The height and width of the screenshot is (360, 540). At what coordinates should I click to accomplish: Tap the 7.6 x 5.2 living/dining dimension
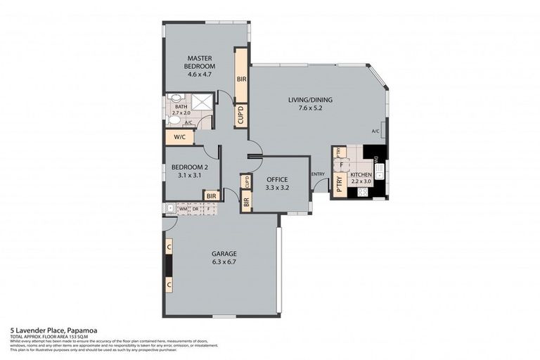[x=310, y=108]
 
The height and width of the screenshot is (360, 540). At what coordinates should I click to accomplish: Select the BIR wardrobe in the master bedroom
[x=241, y=79]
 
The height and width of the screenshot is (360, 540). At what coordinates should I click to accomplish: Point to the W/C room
[x=179, y=137]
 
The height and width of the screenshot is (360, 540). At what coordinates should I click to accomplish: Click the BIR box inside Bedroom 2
[x=211, y=195]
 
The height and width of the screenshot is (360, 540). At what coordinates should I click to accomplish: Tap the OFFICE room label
[x=277, y=179]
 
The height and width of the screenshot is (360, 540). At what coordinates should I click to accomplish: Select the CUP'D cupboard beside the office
[x=246, y=181]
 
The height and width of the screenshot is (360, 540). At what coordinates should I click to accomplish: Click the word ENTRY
[x=318, y=174]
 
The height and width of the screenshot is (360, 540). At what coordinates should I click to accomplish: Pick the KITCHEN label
[x=361, y=174]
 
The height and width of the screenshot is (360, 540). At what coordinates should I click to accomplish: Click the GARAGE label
[x=224, y=254]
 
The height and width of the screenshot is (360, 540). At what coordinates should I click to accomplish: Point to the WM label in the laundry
[x=182, y=208]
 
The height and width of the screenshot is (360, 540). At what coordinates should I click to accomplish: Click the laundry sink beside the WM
[x=169, y=208]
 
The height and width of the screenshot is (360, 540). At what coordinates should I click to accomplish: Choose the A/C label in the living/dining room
[x=375, y=131]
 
